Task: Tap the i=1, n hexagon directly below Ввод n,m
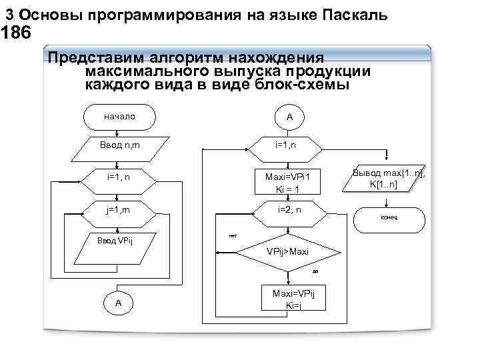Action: coord(119,178)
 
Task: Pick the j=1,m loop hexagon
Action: coord(119,210)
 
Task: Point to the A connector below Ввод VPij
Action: coord(119,303)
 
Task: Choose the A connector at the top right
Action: coord(289,117)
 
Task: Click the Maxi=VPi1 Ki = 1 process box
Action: coord(289,181)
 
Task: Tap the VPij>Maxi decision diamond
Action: coord(288,252)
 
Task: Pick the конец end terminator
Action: coord(389,218)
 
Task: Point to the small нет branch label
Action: coord(233,235)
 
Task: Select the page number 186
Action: coord(16,33)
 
